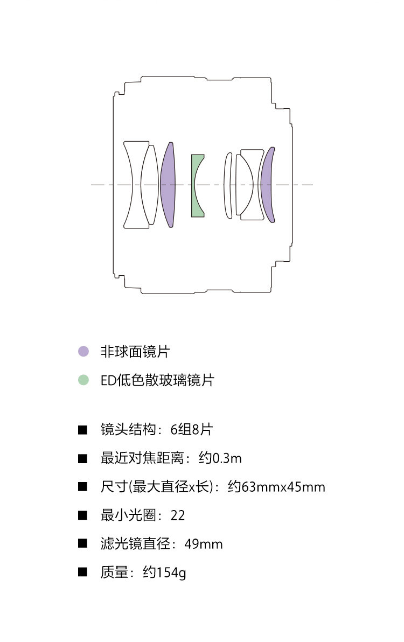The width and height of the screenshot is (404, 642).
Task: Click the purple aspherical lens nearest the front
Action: (168, 185)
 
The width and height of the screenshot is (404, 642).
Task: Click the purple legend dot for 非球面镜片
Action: (83, 351)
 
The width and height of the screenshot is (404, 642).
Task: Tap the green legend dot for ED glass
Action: (83, 380)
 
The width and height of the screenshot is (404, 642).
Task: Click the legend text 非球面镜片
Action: (135, 352)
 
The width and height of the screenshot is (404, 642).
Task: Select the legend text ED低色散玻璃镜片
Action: (157, 380)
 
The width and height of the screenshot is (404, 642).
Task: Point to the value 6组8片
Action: (192, 429)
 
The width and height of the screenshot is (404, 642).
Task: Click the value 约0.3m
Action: (220, 458)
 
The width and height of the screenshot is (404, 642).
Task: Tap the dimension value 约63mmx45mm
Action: (276, 487)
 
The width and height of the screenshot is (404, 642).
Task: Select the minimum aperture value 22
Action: (178, 515)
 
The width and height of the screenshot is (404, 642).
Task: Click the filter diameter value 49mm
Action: (204, 544)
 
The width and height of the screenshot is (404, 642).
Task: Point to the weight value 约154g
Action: (164, 573)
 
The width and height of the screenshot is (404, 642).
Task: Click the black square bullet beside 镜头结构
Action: (82, 430)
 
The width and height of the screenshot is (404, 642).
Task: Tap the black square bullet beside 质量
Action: (82, 573)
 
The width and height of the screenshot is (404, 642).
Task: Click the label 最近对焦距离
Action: (142, 458)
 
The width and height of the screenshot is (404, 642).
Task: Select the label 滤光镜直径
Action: (135, 544)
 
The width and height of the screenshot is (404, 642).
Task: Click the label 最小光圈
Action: (128, 515)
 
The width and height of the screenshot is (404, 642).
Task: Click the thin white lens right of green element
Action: (228, 185)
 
